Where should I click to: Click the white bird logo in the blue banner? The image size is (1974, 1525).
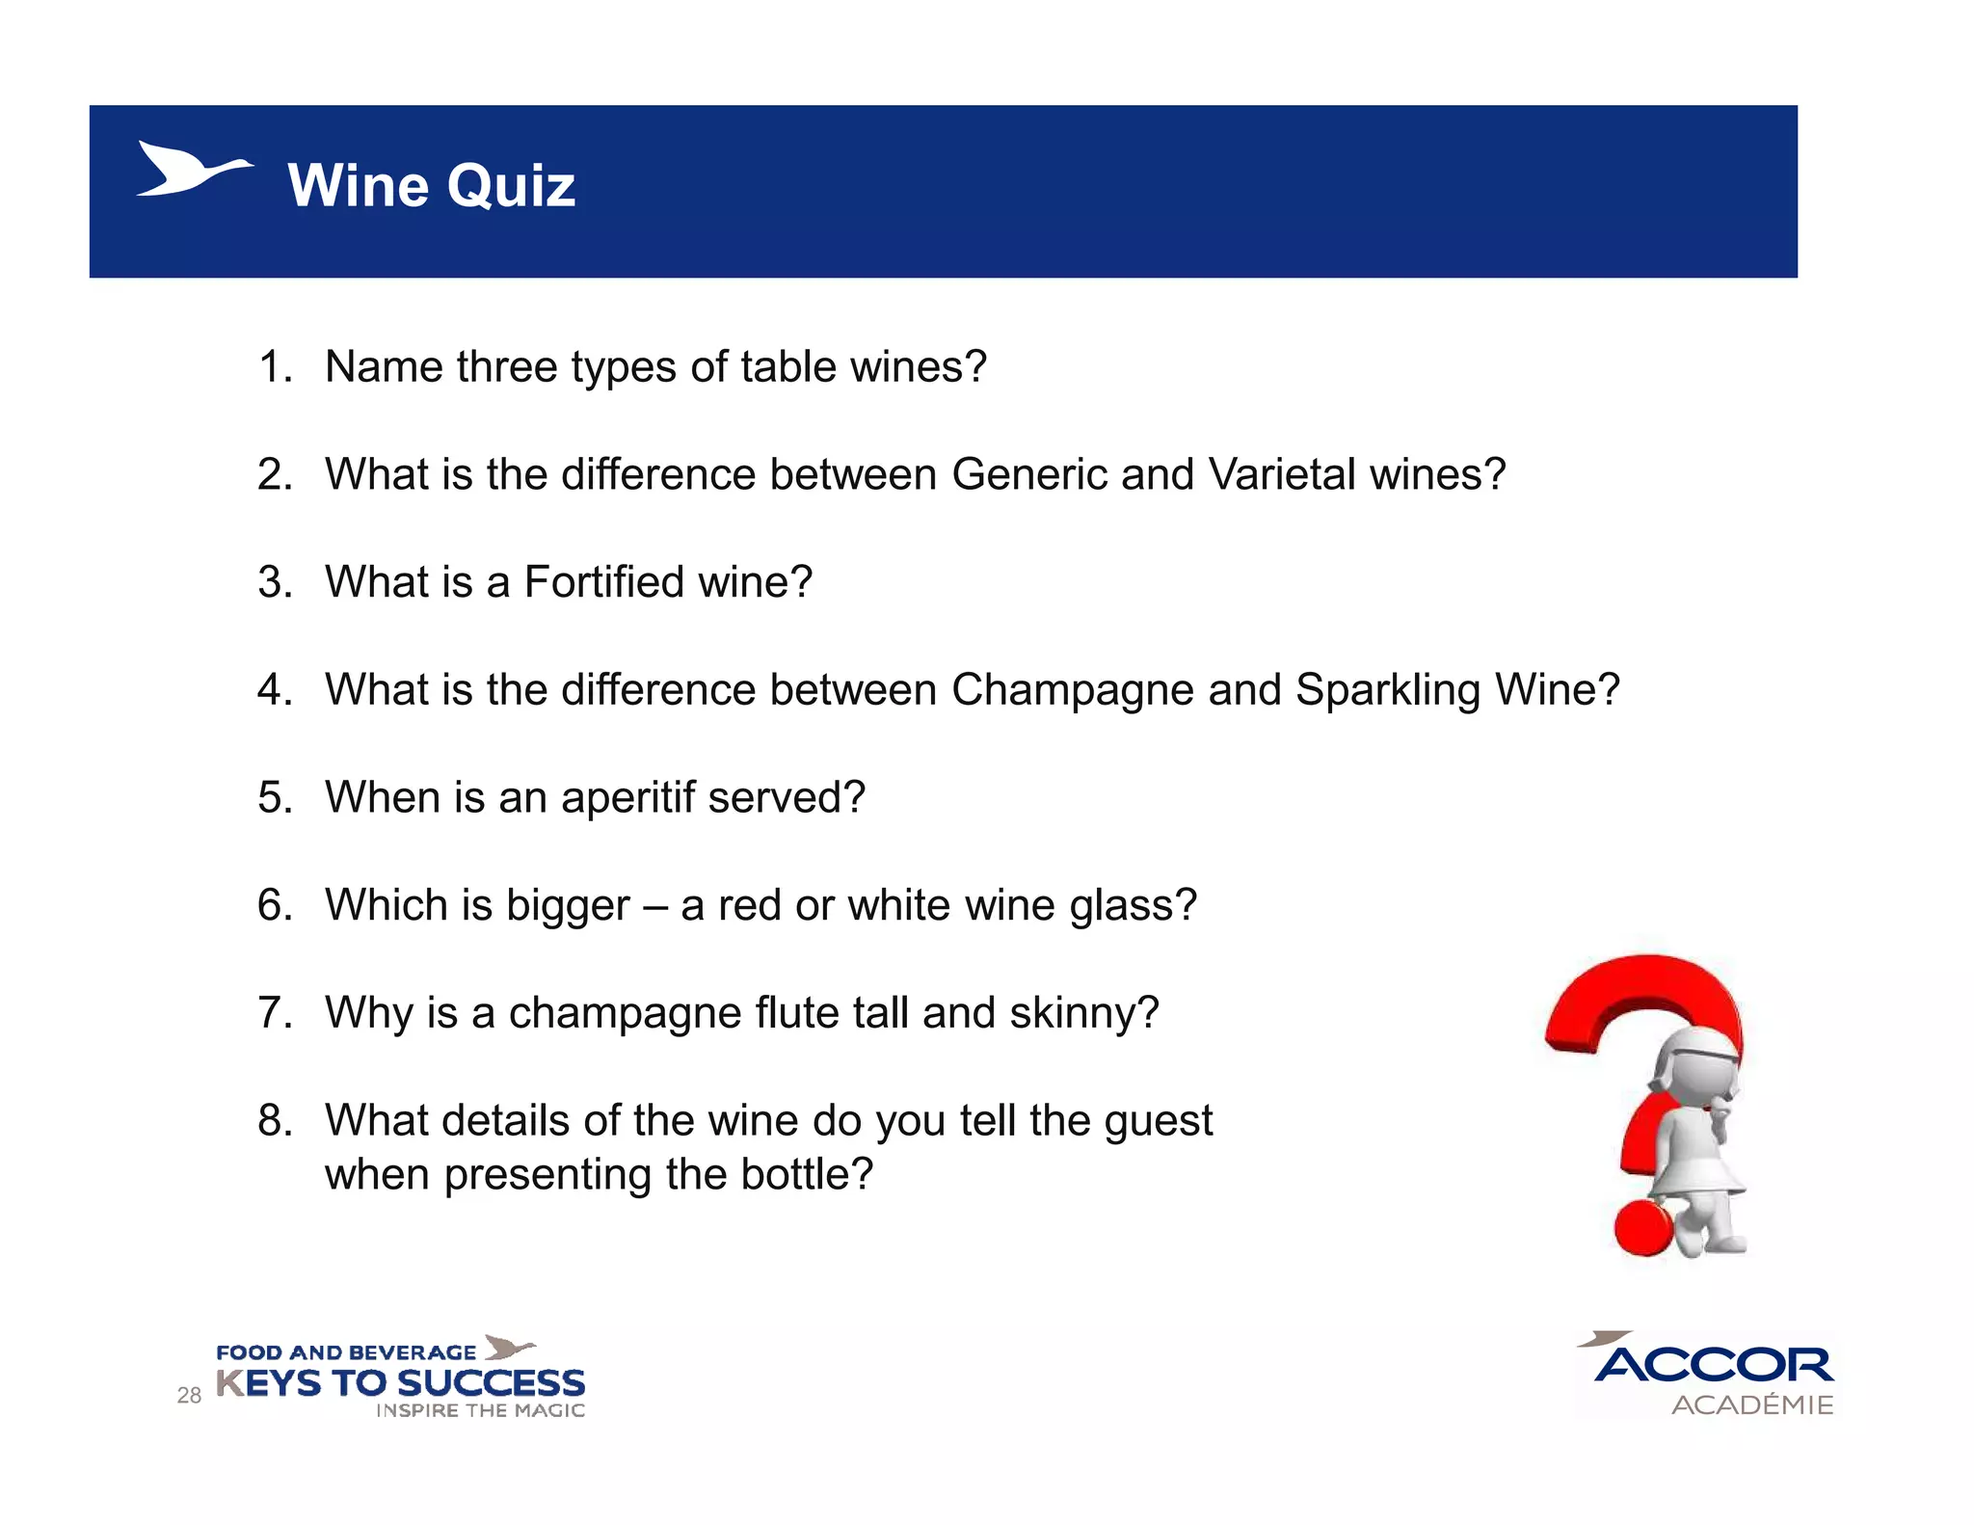(x=193, y=170)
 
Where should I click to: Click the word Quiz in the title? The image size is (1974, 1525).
(x=511, y=185)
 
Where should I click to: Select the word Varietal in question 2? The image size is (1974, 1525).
(x=1281, y=474)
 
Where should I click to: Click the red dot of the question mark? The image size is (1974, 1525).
(x=1643, y=1227)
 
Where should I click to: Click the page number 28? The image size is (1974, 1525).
(x=189, y=1395)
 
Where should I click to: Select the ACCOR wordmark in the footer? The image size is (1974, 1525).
(x=1714, y=1365)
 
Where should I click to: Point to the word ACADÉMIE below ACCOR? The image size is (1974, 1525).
(x=1752, y=1405)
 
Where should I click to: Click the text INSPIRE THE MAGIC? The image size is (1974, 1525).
(x=480, y=1410)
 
